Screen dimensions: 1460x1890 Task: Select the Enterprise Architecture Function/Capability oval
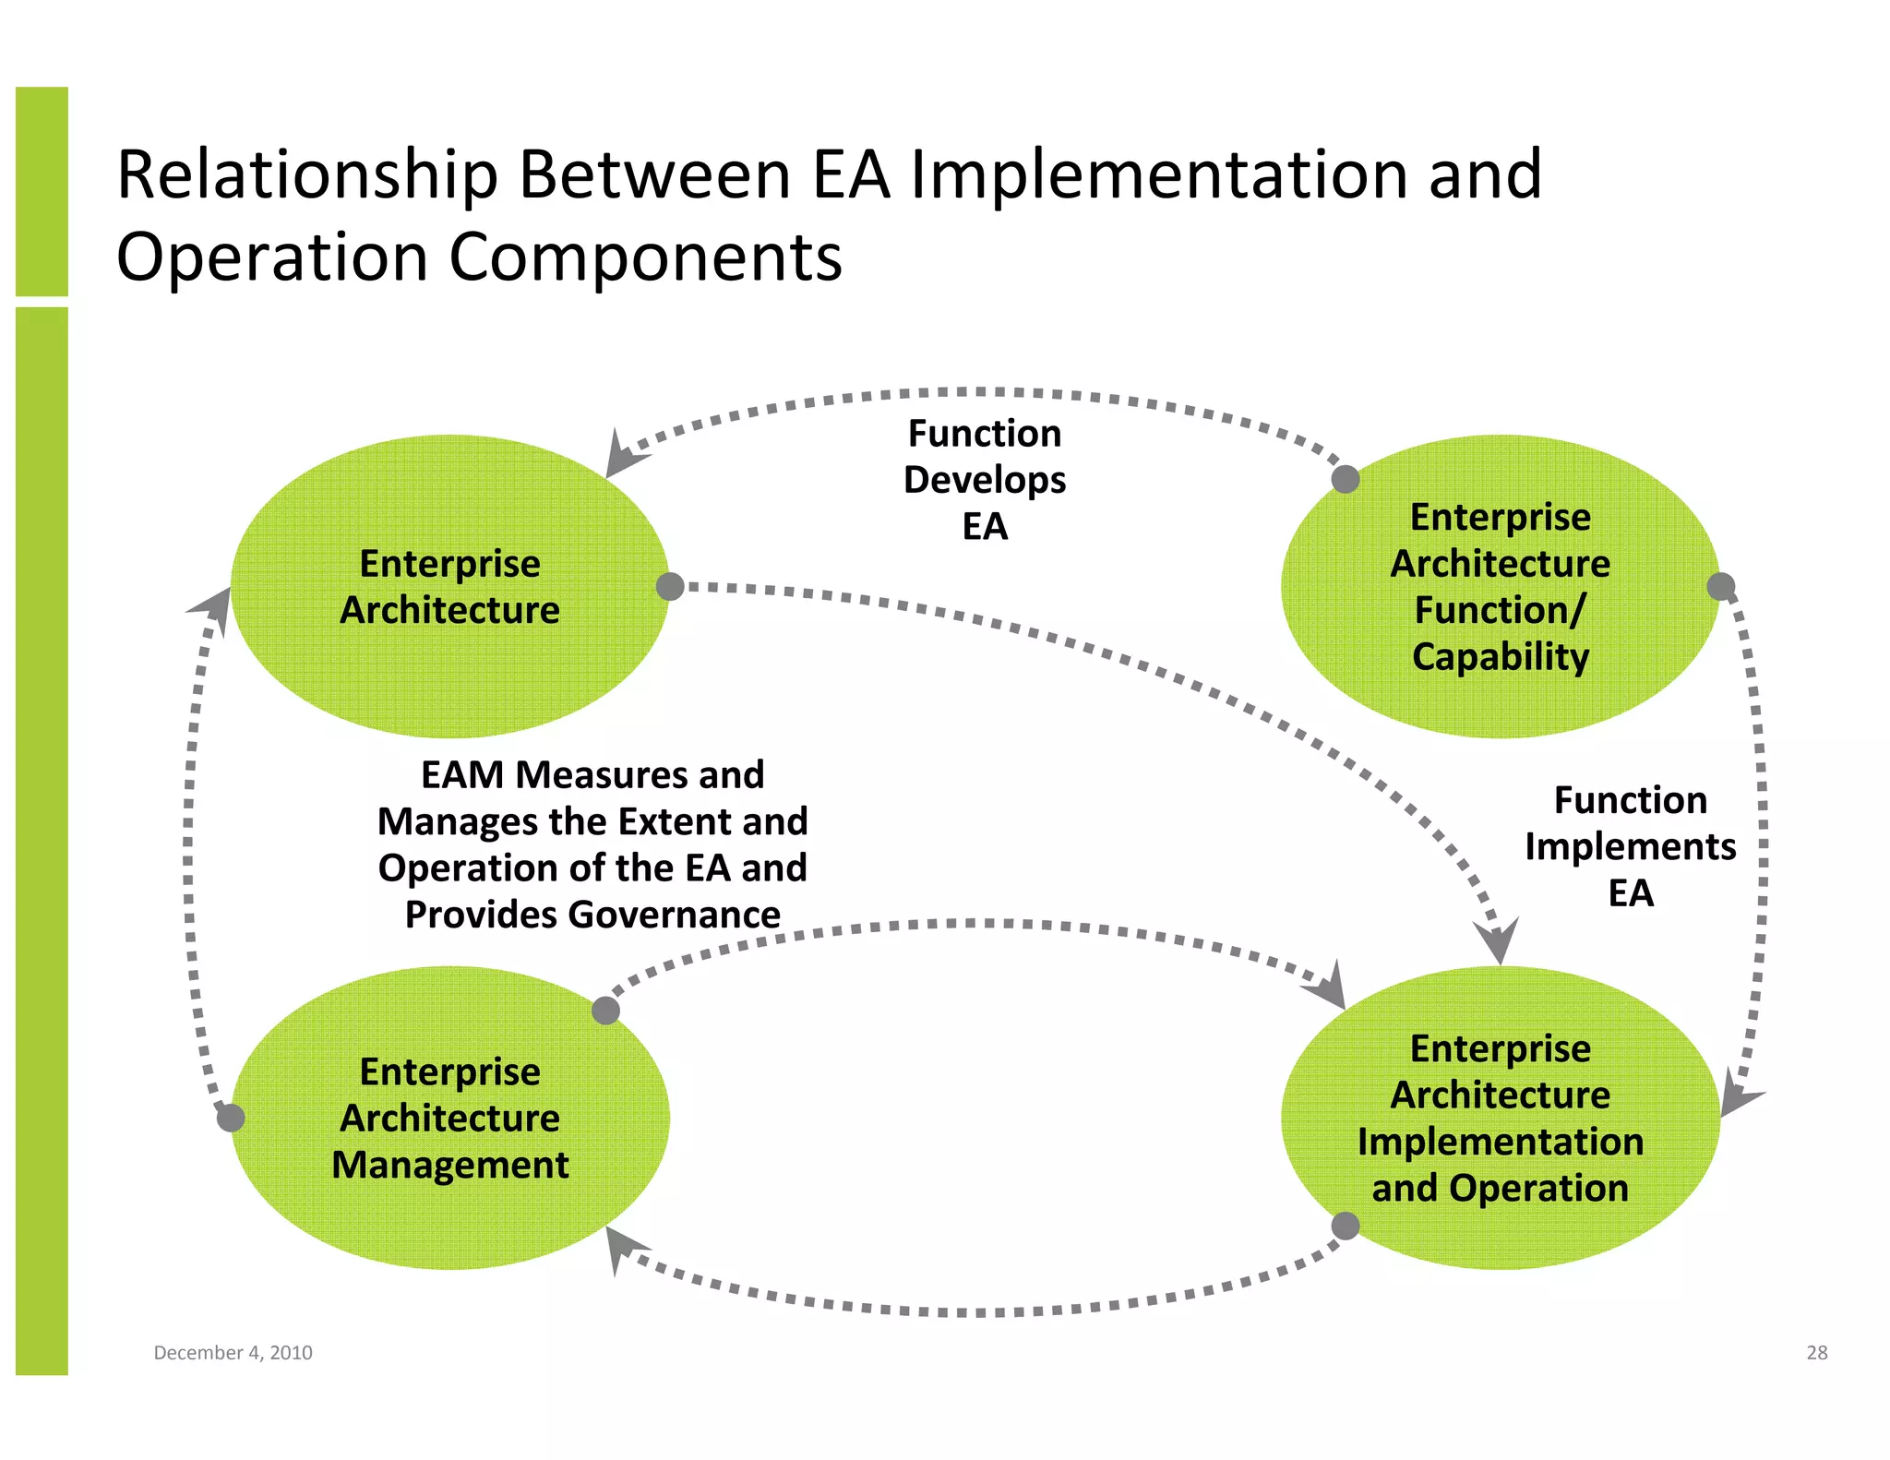[x=1500, y=701]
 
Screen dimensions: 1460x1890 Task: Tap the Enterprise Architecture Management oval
[x=449, y=1218]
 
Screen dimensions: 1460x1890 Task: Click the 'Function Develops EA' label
[x=985, y=480]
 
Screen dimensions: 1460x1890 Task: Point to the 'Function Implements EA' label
[x=1630, y=846]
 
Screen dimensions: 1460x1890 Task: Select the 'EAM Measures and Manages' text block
[x=592, y=844]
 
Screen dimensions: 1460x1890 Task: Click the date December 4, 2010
[x=233, y=1353]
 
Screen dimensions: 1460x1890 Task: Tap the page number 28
[x=1816, y=1353]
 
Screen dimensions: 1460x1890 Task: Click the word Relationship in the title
[x=307, y=175]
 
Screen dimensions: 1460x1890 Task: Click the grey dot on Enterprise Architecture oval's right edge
[x=670, y=586]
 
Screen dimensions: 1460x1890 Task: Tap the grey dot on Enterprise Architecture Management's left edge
[x=231, y=1118]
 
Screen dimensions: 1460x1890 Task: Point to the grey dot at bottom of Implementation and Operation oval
[x=1346, y=1227]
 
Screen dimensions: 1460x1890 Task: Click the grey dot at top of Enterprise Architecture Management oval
[x=605, y=1011]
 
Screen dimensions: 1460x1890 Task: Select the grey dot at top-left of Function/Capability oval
[x=1346, y=479]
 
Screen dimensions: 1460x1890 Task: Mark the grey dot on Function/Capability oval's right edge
[x=1721, y=586]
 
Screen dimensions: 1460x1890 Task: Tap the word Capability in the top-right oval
[x=1501, y=657]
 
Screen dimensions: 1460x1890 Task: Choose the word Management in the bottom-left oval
[x=449, y=1165]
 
